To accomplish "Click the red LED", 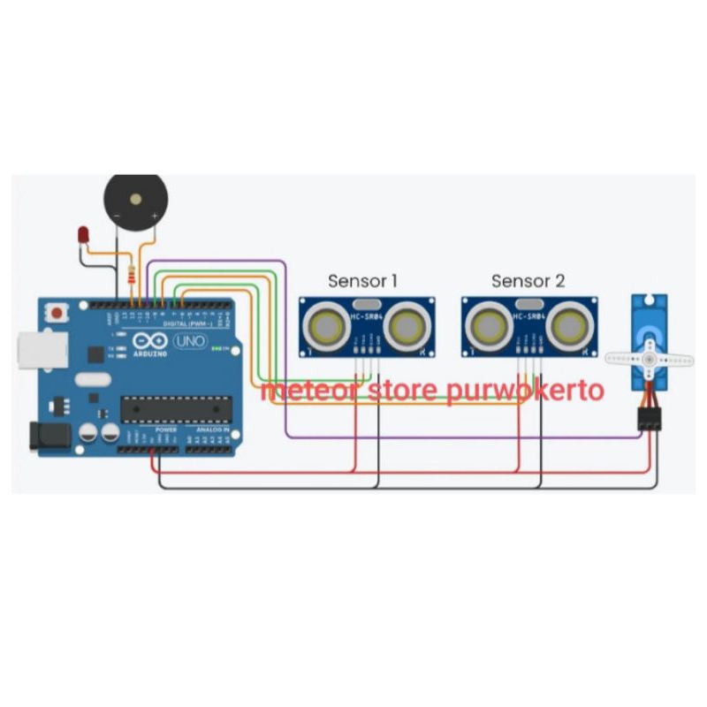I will (x=83, y=235).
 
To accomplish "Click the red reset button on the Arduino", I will (x=57, y=313).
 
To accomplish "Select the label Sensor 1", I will (x=362, y=281).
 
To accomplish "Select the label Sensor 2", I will (x=528, y=281).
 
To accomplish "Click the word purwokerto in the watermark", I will (x=524, y=390).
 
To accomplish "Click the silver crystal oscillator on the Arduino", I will (x=93, y=381).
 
